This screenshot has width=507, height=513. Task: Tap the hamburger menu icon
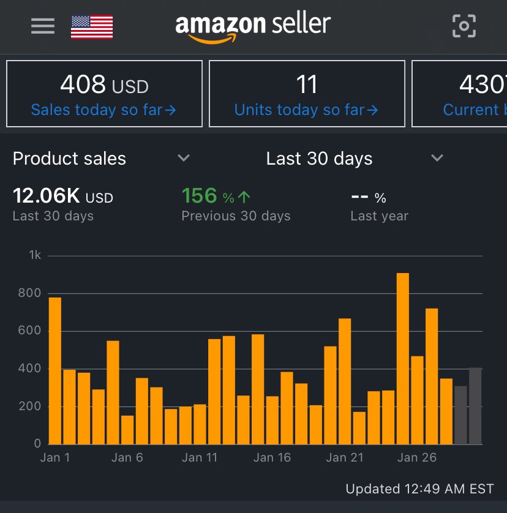[x=43, y=26]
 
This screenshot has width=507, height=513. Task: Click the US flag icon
[x=92, y=26]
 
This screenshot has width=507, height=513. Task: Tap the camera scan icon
[x=464, y=26]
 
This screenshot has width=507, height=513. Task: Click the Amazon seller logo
[x=253, y=27]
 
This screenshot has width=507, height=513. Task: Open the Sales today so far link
[x=103, y=110]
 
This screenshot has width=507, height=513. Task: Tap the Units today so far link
[x=306, y=110]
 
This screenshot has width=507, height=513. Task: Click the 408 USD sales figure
[x=104, y=85]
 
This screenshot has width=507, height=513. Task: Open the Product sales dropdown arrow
[x=183, y=159]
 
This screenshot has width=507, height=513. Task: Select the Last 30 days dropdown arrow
[x=437, y=159]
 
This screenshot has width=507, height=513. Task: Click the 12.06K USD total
[x=62, y=197]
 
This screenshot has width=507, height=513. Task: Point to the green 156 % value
[x=216, y=197]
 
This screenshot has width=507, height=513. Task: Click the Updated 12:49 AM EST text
[x=419, y=489]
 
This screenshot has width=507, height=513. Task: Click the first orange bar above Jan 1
[x=55, y=370]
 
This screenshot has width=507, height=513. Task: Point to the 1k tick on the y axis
[x=35, y=255]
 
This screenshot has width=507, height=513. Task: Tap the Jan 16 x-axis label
[x=272, y=458]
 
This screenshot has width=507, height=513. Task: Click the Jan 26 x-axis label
[x=417, y=458]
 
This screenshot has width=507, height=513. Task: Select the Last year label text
[x=379, y=216]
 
